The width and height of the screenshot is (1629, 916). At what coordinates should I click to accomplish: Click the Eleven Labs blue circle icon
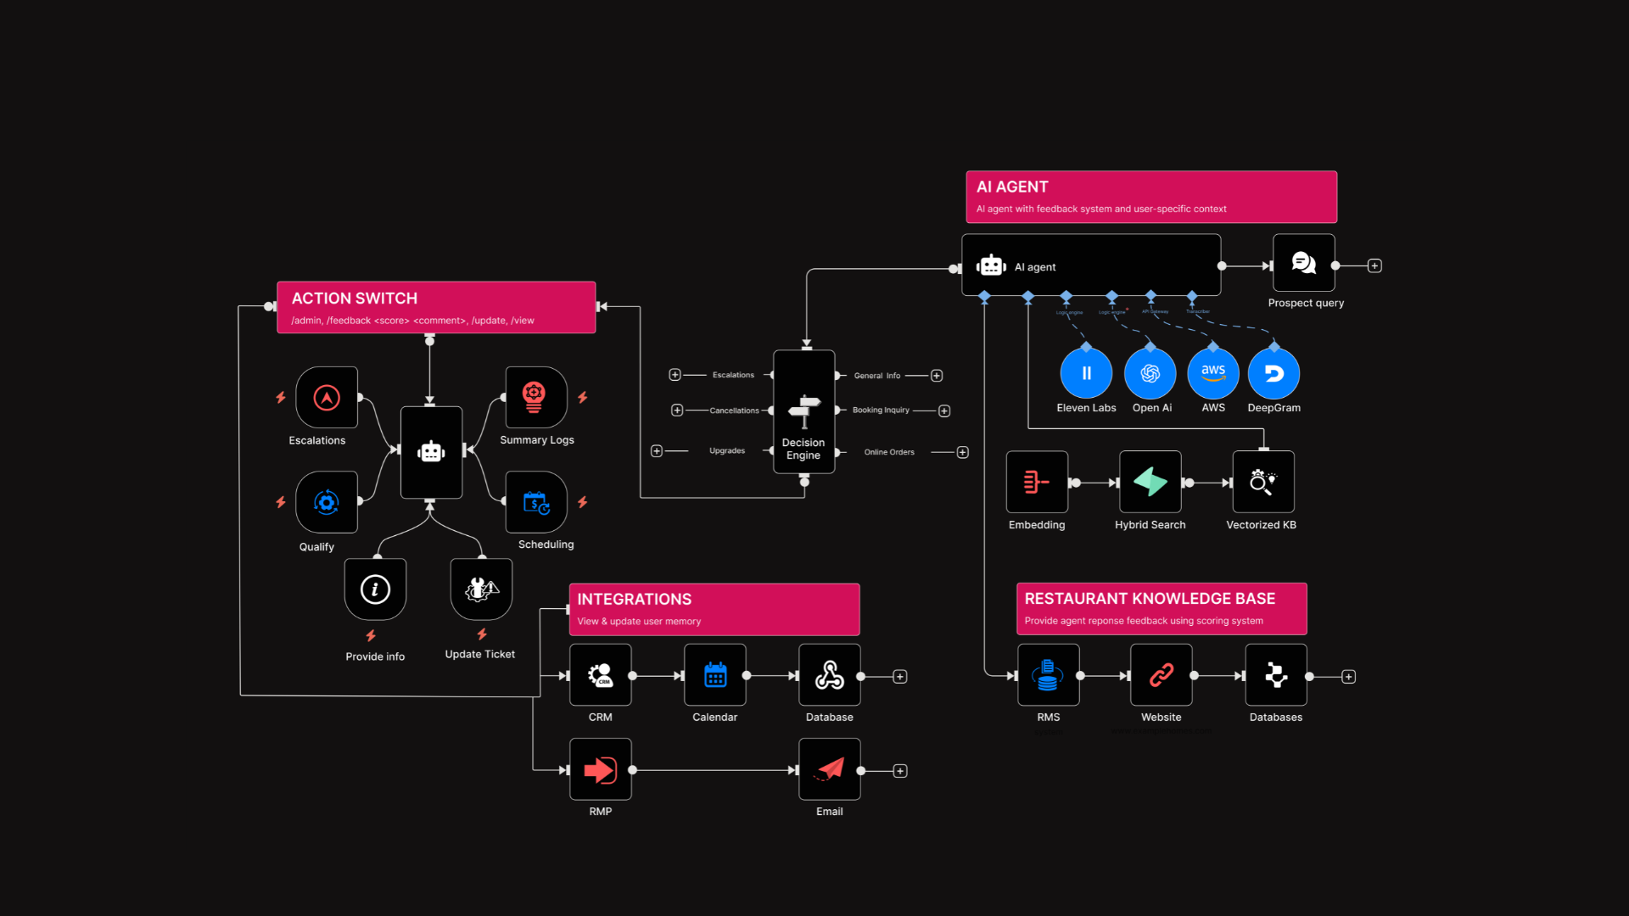[1086, 373]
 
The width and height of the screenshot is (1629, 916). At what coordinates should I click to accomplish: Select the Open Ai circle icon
[1150, 373]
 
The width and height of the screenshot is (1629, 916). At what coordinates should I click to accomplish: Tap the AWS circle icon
[1213, 373]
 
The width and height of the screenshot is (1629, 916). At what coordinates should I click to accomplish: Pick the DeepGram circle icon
[1274, 373]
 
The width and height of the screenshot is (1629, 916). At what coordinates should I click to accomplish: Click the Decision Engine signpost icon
[803, 411]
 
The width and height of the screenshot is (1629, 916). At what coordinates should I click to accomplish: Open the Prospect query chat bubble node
[1304, 264]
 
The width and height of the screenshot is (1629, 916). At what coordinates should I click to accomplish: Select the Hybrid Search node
[1150, 482]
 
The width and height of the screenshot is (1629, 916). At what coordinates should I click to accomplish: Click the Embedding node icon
[1037, 482]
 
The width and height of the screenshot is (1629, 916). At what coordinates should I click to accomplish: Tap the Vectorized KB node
[1262, 482]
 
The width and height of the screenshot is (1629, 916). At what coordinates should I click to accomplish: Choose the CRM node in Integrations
[601, 675]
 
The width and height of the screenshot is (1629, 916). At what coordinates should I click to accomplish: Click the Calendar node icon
[715, 675]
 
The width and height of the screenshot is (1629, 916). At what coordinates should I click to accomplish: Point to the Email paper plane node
[830, 769]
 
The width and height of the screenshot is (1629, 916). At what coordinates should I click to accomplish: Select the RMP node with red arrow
[601, 769]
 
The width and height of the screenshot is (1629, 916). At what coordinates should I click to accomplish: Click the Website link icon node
[1161, 675]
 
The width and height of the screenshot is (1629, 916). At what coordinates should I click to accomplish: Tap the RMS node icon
[1048, 675]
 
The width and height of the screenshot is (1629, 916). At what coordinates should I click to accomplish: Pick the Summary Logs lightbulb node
[535, 397]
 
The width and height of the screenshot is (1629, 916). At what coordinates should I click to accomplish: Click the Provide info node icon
[375, 589]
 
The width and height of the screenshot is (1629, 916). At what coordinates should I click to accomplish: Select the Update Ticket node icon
[481, 589]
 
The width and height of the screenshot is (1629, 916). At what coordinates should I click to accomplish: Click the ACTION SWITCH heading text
[355, 299]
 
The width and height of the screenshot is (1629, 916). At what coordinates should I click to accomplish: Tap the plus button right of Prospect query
[1374, 265]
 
